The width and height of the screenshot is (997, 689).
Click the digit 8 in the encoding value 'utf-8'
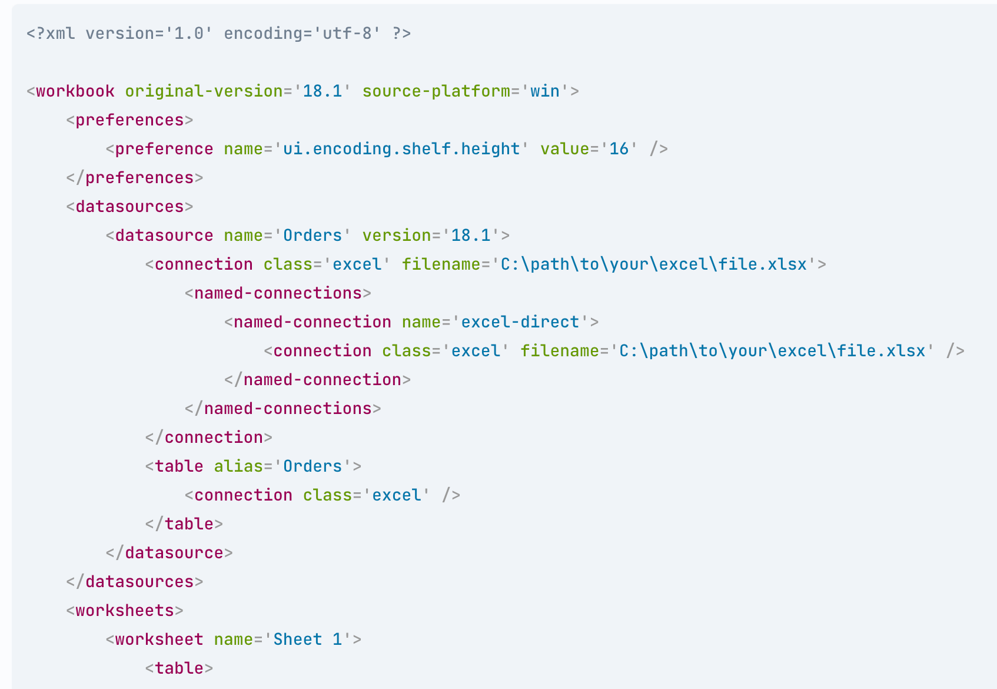[x=367, y=34]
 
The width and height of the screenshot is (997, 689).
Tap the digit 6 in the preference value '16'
[x=624, y=149]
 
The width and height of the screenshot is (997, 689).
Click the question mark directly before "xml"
[x=41, y=34]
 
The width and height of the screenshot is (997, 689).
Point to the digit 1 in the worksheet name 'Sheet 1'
[x=337, y=640]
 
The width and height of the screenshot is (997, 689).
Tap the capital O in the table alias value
[x=288, y=466]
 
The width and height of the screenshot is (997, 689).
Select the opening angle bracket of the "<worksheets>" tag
[x=70, y=611]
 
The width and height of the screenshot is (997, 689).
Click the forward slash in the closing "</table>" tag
[x=159, y=524]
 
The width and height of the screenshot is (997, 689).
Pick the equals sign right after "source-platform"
[x=516, y=91]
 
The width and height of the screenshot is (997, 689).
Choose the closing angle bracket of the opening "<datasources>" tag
[x=189, y=207]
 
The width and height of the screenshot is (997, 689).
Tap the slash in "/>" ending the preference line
[x=654, y=149]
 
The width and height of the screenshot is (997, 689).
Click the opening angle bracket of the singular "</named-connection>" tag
[x=229, y=380]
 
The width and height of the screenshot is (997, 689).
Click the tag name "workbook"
[x=75, y=91]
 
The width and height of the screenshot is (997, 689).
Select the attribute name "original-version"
[x=204, y=91]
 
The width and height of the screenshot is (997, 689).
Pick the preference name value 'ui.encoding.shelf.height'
[x=401, y=149]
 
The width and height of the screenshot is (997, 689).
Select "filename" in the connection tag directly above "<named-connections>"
[x=441, y=264]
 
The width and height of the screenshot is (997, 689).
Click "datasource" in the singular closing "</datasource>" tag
[x=174, y=553]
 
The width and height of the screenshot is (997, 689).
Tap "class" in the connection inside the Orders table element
[x=328, y=495]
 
